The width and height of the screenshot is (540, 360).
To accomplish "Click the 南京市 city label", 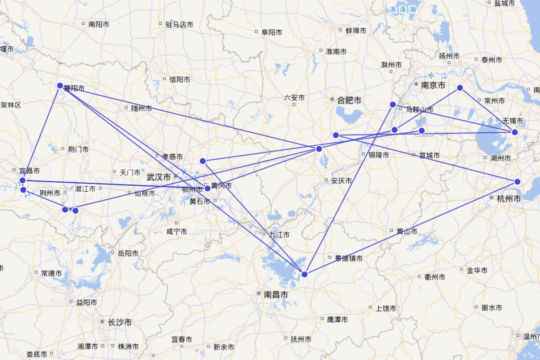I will (x=433, y=85).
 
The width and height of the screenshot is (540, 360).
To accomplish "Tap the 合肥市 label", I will (x=349, y=100).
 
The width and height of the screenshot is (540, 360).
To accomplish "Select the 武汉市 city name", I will (x=159, y=177).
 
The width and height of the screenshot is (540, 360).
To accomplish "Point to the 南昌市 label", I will (x=276, y=294).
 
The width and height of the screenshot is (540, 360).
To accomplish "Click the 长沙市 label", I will (x=120, y=323).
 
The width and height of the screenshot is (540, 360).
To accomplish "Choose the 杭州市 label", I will (x=509, y=198).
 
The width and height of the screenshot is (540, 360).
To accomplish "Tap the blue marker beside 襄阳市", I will (x=60, y=85).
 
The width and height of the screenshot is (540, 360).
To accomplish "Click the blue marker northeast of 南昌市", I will (x=305, y=274).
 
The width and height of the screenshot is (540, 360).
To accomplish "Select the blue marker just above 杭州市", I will (x=517, y=182).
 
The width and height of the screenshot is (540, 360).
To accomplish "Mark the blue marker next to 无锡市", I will (x=515, y=132).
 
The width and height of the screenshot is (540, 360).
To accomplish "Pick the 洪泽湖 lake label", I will (x=403, y=9).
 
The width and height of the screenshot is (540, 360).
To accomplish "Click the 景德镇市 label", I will (x=348, y=259).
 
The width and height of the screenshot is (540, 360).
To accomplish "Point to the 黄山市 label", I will (x=407, y=231).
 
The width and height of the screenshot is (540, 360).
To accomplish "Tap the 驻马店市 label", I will (x=179, y=25).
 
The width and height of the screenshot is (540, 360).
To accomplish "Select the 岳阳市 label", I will (x=128, y=253).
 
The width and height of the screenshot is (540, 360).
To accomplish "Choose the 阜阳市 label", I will (x=272, y=32).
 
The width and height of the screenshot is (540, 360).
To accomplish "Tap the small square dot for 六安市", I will (x=294, y=104).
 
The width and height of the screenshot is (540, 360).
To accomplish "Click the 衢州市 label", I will (x=435, y=277).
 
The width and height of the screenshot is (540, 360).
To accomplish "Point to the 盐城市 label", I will (x=504, y=3).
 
